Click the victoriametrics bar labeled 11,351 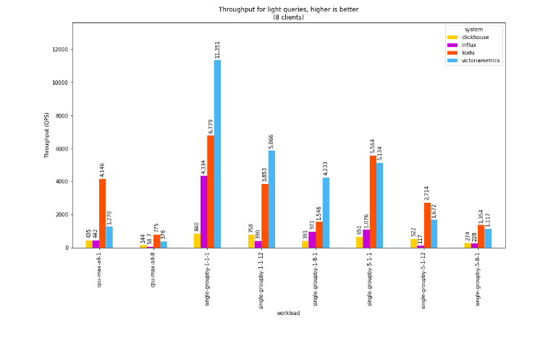pyautogui.click(x=217, y=154)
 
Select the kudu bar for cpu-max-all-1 pyautogui.click(x=102, y=213)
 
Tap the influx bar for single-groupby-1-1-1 pyautogui.click(x=204, y=212)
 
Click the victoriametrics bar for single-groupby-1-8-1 pyautogui.click(x=326, y=212)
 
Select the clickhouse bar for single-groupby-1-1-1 pyautogui.click(x=197, y=240)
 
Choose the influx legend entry pyautogui.click(x=468, y=45)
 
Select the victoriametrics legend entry pyautogui.click(x=480, y=61)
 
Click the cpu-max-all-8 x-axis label pyautogui.click(x=153, y=269)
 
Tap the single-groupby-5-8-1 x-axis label pyautogui.click(x=478, y=278)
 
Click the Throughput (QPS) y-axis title pyautogui.click(x=47, y=135)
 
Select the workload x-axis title pyautogui.click(x=288, y=313)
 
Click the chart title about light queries pyautogui.click(x=288, y=13)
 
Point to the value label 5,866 pyautogui.click(x=271, y=141)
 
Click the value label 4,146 pyautogui.click(x=102, y=169)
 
